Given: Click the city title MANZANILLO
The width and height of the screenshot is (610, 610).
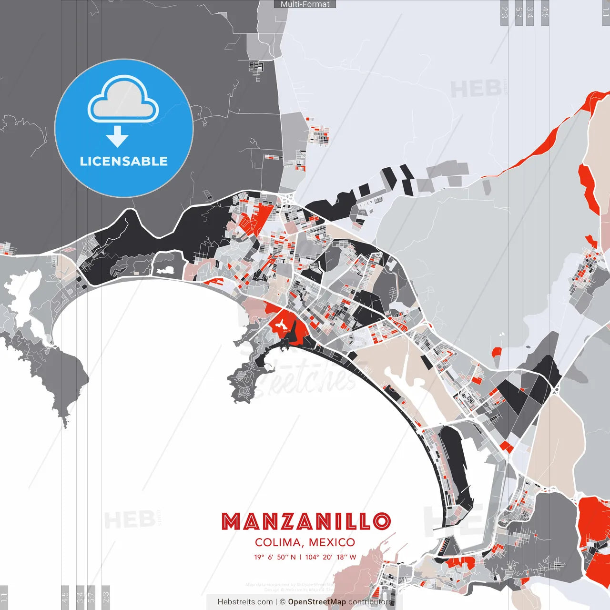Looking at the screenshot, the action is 306,521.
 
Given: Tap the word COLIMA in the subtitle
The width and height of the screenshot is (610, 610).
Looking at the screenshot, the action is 277,542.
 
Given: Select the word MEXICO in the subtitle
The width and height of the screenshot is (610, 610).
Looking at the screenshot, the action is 332,542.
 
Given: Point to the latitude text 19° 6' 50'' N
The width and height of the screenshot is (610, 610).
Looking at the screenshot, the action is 274,557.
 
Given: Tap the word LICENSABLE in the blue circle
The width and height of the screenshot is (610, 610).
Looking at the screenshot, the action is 124,161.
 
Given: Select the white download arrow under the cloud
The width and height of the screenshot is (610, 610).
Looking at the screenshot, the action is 117,137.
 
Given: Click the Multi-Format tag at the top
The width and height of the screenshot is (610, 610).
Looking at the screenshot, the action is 305,4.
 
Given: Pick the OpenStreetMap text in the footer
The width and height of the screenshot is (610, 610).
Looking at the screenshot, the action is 317,602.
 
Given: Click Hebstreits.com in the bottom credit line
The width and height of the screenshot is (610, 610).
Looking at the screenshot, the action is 245,602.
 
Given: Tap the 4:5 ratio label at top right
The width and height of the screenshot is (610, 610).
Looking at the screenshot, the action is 545,12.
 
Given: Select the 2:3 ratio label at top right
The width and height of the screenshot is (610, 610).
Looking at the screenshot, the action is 504,12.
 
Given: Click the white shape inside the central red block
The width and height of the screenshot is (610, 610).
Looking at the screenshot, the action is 281,325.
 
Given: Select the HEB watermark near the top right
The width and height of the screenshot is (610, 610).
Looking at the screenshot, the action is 476,89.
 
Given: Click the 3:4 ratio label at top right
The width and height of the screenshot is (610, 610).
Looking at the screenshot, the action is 529,12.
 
